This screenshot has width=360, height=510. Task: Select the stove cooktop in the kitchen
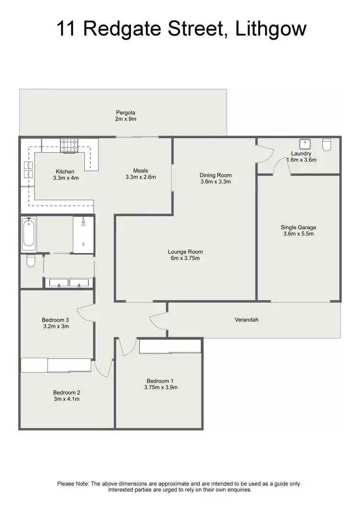pos(69,146)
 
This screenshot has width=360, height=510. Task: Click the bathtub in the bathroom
pos(29,234)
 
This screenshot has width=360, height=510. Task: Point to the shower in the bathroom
pos(84,234)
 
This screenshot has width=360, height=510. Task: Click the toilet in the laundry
pos(327,145)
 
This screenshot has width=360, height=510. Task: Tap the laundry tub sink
pos(304,144)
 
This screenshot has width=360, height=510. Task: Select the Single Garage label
pos(299,228)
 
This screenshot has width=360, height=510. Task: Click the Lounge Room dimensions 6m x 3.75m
pos(185,258)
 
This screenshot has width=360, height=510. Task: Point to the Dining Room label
pos(216,175)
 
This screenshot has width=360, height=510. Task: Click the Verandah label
pos(246,319)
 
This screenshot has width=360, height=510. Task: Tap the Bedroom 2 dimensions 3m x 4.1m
pos(66,399)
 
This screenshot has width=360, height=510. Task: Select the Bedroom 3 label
pos(55,320)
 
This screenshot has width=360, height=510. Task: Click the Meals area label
pos(141,170)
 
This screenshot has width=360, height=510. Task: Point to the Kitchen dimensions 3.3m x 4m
pos(65,178)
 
